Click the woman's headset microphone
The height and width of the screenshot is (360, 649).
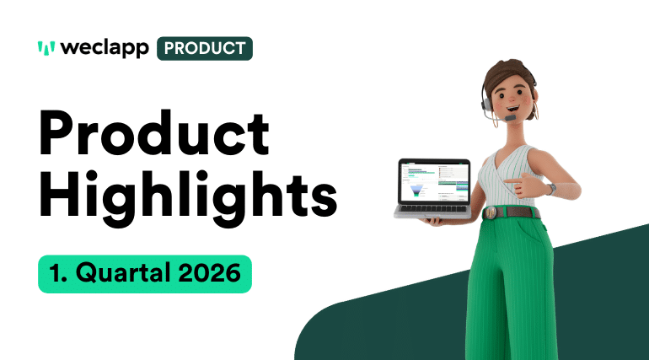pos(508,119)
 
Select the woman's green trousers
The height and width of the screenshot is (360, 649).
pos(514,287)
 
